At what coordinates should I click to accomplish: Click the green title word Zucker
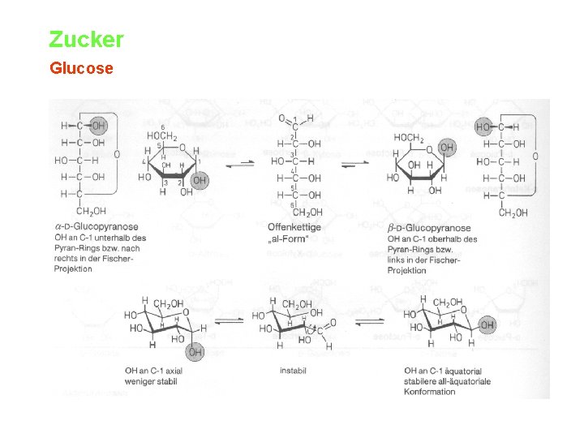[86, 39]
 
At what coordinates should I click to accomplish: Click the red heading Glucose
[81, 68]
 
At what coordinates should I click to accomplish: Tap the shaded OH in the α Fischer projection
[98, 126]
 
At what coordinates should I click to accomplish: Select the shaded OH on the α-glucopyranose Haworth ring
[200, 180]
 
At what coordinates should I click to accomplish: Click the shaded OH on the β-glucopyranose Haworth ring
[447, 148]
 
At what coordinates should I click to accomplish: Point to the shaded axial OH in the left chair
[195, 353]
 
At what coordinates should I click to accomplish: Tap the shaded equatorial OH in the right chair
[487, 324]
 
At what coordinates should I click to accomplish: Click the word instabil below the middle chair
[294, 371]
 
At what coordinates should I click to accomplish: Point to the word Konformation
[430, 392]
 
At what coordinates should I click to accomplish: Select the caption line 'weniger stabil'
[151, 381]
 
